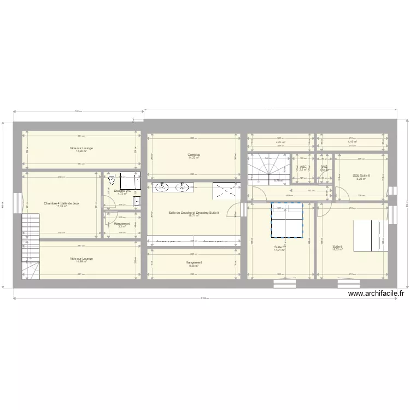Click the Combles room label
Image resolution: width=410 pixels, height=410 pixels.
click(x=194, y=155)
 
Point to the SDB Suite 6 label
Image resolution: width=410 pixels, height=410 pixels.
click(x=361, y=175)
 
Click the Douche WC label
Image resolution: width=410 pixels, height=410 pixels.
click(x=122, y=190)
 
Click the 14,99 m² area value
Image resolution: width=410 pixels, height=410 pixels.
click(x=81, y=261)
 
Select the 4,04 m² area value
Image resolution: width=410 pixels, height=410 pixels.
click(x=280, y=142)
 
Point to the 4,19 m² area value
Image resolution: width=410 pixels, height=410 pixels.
click(x=352, y=142)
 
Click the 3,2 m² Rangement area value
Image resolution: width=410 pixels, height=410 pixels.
click(x=122, y=226)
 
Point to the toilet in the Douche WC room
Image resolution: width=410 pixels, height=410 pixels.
click(x=112, y=182)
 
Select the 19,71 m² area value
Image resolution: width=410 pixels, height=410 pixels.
click(x=194, y=215)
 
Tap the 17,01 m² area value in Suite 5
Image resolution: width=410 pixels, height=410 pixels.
click(x=280, y=250)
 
